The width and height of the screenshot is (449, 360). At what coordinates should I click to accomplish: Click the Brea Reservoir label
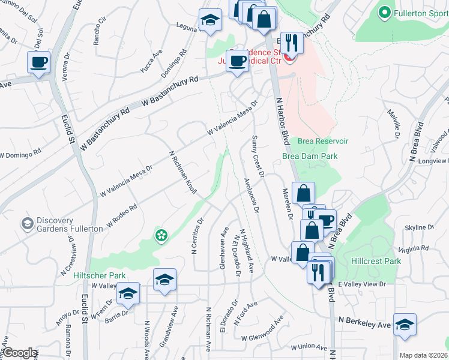(x=323, y=142)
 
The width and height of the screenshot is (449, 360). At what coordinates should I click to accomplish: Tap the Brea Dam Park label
(x=310, y=156)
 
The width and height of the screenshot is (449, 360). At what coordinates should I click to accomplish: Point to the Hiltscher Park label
(x=100, y=275)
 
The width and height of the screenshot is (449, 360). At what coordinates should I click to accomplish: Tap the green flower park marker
(x=161, y=236)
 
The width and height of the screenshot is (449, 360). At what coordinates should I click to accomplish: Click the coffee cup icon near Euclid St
(x=38, y=62)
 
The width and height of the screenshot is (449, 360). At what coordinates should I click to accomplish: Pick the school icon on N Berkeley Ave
(x=405, y=325)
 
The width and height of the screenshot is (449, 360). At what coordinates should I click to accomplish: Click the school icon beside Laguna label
(x=210, y=20)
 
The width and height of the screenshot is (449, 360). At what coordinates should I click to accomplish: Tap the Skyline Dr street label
(x=420, y=227)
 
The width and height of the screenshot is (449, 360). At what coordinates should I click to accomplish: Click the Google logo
(x=20, y=353)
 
